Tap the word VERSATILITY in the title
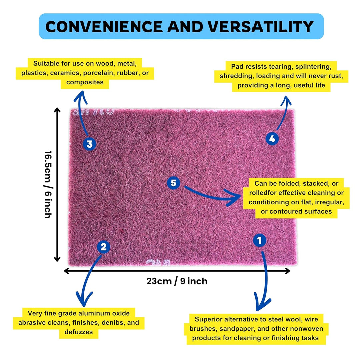click(x=261, y=26)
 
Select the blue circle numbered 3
click(x=90, y=144)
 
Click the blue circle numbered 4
click(x=272, y=139)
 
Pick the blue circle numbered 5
click(x=173, y=183)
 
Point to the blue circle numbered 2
click(x=104, y=247)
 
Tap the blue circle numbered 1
click(x=260, y=240)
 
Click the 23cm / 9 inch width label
click(x=177, y=281)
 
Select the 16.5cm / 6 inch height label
click(x=48, y=184)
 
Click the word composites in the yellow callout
click(x=85, y=82)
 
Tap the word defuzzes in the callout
click(x=79, y=332)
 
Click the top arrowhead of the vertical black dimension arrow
click(x=57, y=110)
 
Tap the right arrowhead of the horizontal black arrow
click(x=288, y=271)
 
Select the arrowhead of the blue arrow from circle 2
click(x=84, y=300)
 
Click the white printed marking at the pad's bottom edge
click(x=158, y=262)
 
